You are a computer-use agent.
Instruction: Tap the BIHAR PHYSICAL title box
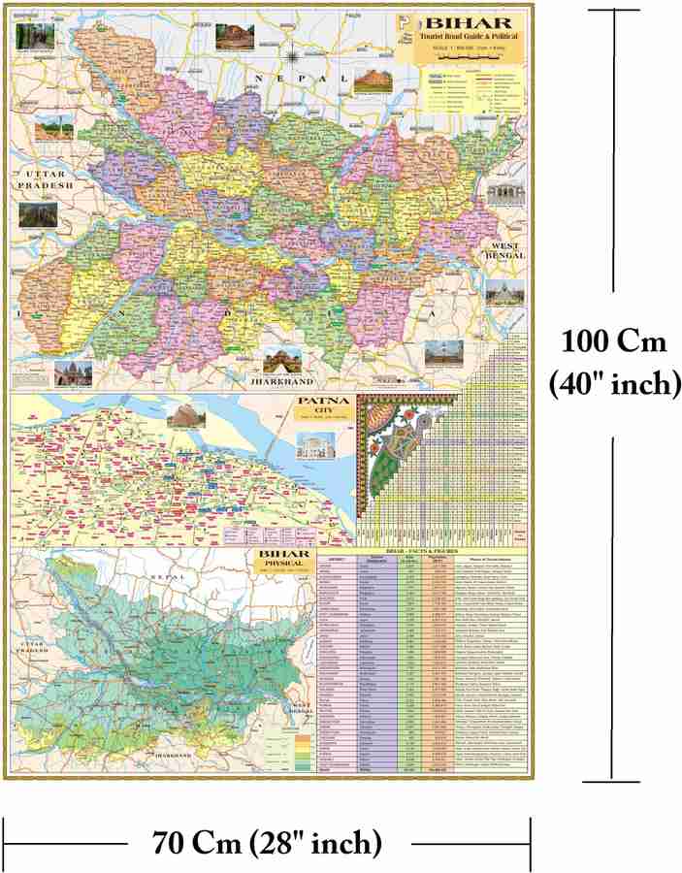pos(275,561)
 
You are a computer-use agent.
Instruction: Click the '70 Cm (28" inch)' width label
pos(266,841)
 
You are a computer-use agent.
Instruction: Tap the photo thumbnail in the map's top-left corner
pos(35,35)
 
